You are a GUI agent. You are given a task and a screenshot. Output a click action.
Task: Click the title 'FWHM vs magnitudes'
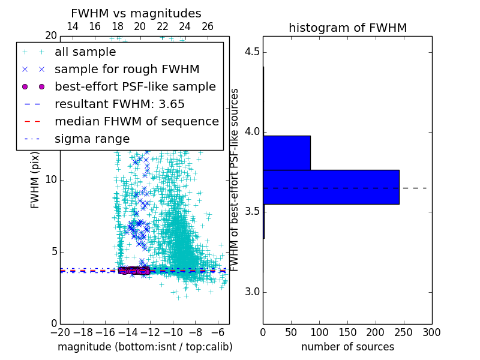pyautogui.click(x=136, y=13)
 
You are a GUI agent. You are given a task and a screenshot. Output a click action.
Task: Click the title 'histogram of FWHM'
pyautogui.click(x=347, y=28)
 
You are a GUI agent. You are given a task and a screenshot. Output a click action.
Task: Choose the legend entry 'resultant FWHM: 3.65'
pyautogui.click(x=119, y=104)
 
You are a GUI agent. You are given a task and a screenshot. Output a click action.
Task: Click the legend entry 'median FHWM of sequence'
pyautogui.click(x=136, y=121)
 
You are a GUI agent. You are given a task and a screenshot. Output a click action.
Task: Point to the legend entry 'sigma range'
pyautogui.click(x=92, y=139)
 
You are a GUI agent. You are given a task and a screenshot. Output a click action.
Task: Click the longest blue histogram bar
pyautogui.click(x=331, y=187)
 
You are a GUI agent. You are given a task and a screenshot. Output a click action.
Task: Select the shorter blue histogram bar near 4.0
pyautogui.click(x=287, y=152)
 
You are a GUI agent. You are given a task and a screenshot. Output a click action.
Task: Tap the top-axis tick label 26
pyautogui.click(x=208, y=26)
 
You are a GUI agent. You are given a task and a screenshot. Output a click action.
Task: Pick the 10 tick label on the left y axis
pyautogui.click(x=50, y=180)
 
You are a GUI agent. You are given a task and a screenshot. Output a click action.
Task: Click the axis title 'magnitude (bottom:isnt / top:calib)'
pyautogui.click(x=145, y=347)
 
